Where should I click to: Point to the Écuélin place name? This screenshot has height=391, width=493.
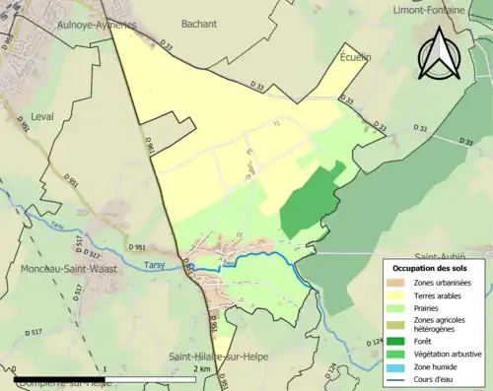pyautogui.click(x=355, y=56)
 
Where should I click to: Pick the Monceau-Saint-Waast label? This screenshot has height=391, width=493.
pyautogui.click(x=63, y=268)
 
